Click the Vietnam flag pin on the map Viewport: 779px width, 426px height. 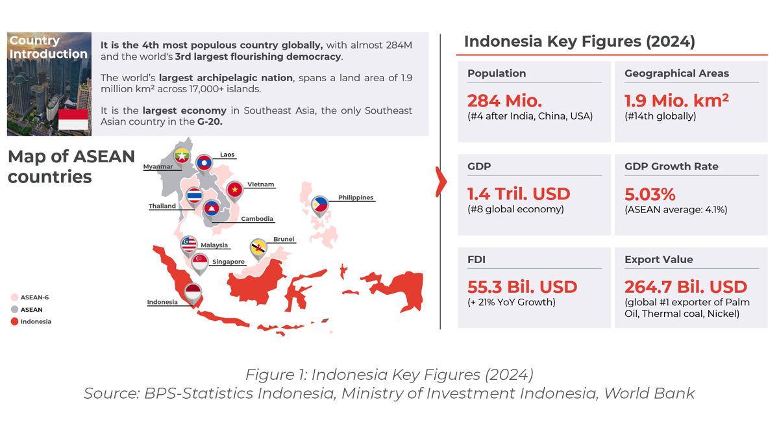(x=234, y=190)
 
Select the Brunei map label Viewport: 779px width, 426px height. (x=284, y=239)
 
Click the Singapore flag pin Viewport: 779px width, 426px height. (x=200, y=261)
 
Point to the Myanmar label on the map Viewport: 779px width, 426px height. (x=158, y=167)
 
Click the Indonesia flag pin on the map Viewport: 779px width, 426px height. (x=193, y=292)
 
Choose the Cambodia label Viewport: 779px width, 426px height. (x=256, y=219)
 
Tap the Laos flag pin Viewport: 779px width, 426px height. (x=204, y=163)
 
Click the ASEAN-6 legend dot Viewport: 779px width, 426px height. (x=14, y=297)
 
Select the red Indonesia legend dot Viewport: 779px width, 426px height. (x=14, y=321)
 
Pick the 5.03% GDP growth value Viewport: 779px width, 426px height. (x=650, y=194)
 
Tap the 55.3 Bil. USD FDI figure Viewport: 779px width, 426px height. (x=522, y=286)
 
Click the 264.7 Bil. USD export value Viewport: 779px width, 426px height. (x=686, y=286)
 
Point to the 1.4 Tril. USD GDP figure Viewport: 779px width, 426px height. (x=518, y=194)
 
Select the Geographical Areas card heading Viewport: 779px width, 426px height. (x=676, y=73)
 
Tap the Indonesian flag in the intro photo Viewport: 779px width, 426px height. (x=73, y=120)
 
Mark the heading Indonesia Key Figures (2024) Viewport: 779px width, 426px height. (x=579, y=42)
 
